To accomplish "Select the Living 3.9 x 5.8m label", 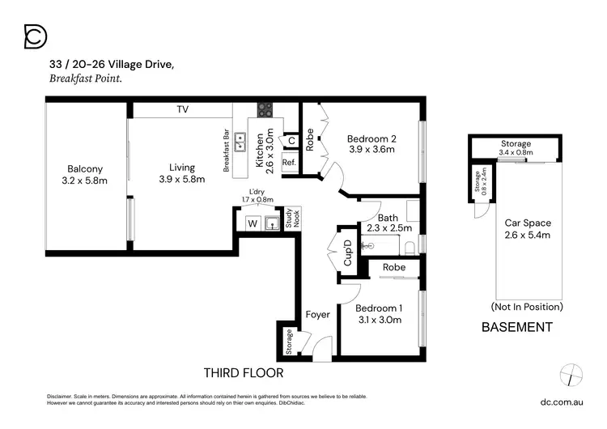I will pos(181,173).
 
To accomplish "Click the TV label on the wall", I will pos(183,108).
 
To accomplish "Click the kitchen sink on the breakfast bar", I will pos(241,142).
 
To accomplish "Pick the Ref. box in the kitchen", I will pos(290,163).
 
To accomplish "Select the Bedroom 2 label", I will pos(371,143).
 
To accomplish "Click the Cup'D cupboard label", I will pos(348,251).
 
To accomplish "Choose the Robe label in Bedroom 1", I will pos(394,267).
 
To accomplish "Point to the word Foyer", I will pos(317,314).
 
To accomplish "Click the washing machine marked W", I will pos(252,223).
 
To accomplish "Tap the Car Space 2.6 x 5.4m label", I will pos(527,229).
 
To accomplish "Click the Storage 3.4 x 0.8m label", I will pos(516,148).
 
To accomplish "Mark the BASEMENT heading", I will pos(516,328).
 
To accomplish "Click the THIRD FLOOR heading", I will pos(243,373).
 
